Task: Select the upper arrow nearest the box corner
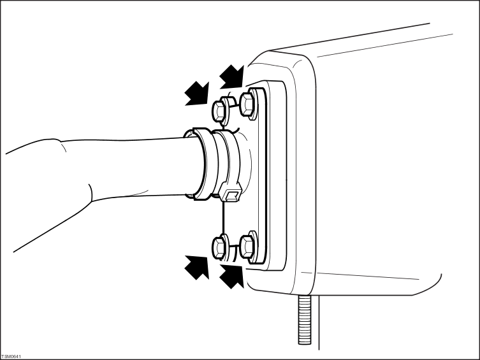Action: (x=232, y=76)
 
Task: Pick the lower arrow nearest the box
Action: (x=232, y=277)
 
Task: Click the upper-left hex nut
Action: (x=220, y=110)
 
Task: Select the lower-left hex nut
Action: (x=220, y=247)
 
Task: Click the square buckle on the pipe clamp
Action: (x=231, y=193)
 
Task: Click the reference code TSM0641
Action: (x=11, y=357)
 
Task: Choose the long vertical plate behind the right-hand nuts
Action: (x=262, y=176)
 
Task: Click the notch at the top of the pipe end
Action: (x=189, y=133)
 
